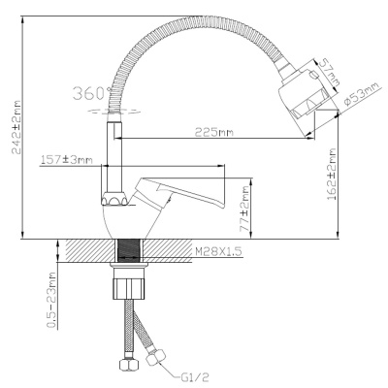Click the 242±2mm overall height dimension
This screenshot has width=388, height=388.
click(16, 127)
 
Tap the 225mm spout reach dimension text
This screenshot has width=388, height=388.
click(213, 132)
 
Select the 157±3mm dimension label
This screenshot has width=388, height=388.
click(67, 159)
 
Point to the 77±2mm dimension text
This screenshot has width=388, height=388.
click(244, 209)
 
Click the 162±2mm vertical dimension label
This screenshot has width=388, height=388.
click(333, 174)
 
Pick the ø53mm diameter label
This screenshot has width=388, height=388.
click(362, 93)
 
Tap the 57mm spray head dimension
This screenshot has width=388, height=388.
click(329, 73)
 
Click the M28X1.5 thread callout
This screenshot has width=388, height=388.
click(218, 251)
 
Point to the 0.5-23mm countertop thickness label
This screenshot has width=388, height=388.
click(51, 300)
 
